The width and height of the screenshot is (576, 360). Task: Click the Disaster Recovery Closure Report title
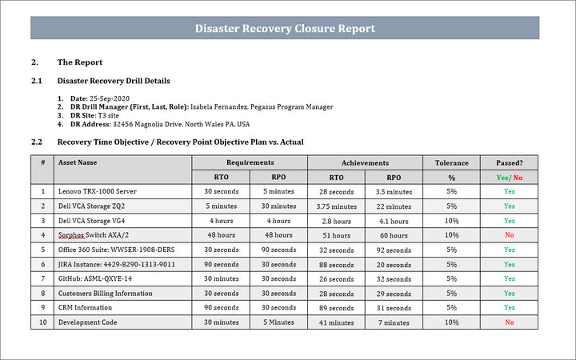pos(286,29)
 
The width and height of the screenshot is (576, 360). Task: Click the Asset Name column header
pos(78,162)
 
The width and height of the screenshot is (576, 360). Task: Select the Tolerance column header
pos(451,162)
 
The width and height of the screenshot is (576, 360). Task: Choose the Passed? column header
pos(509,162)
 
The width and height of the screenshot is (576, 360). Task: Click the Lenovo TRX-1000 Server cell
pos(98,192)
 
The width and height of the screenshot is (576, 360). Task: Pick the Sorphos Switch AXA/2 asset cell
pos(92,235)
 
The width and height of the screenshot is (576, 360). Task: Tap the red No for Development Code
pos(509,322)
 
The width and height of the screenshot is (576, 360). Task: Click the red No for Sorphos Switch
pos(509,235)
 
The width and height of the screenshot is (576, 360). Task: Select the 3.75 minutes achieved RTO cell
pos(336,206)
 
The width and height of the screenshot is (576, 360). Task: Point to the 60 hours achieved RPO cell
pos(394,235)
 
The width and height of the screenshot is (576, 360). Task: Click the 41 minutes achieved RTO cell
pos(336,322)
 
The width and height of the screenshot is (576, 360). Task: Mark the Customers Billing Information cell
pos(106,293)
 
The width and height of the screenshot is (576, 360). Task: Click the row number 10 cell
pos(42,322)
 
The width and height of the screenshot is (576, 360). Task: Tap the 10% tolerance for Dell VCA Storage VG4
pos(451,221)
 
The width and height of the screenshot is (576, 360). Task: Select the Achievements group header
pos(365,162)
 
